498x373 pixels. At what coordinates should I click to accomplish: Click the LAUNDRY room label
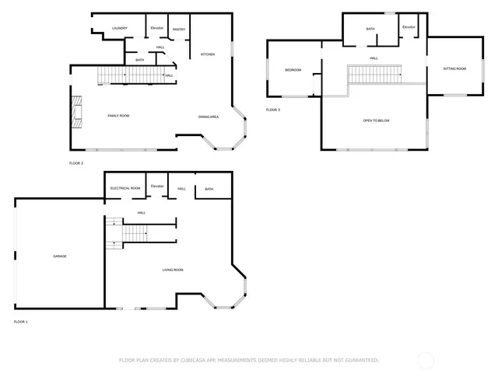pyautogui.click(x=119, y=28)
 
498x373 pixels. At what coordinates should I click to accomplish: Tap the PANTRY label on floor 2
pyautogui.click(x=178, y=29)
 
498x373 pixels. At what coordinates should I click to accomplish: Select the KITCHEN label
pyautogui.click(x=208, y=54)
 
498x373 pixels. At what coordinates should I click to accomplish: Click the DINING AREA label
pyautogui.click(x=208, y=117)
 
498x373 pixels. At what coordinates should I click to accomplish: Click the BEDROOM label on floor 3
pyautogui.click(x=293, y=70)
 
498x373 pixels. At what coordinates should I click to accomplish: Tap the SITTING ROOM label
pyautogui.click(x=454, y=68)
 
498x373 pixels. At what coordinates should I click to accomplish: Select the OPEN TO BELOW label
pyautogui.click(x=376, y=120)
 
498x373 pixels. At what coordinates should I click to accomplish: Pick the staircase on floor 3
pyautogui.click(x=374, y=75)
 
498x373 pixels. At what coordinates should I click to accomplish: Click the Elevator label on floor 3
pyautogui.click(x=409, y=27)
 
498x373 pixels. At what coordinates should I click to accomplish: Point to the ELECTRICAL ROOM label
pyautogui.click(x=125, y=188)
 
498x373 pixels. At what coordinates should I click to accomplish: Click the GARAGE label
pyautogui.click(x=60, y=256)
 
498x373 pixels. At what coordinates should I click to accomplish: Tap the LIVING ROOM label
pyautogui.click(x=172, y=270)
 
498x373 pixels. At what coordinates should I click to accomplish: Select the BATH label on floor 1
pyautogui.click(x=209, y=189)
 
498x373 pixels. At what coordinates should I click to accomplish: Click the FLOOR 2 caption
pyautogui.click(x=75, y=163)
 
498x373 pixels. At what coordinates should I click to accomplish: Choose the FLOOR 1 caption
pyautogui.click(x=20, y=321)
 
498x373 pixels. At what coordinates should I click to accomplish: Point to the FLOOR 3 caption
pyautogui.click(x=273, y=110)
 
